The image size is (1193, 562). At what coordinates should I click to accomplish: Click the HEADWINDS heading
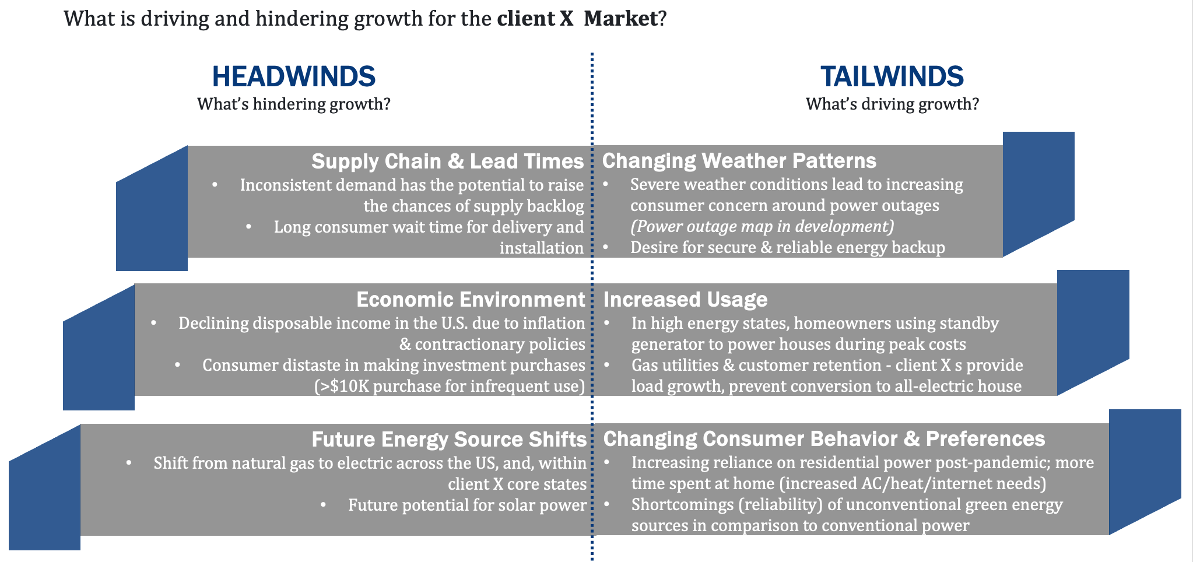pos(293,76)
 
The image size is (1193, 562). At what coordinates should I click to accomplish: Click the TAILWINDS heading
pos(892,76)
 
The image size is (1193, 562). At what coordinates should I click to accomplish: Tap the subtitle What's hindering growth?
pos(293,104)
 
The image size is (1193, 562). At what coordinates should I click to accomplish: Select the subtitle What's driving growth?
pos(892,104)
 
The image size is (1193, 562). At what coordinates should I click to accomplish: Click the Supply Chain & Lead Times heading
pos(447,161)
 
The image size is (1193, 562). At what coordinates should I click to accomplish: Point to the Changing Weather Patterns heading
pos(739,160)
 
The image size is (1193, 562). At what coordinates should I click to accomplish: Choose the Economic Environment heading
pos(471,299)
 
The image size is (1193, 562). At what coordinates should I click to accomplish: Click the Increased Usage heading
pos(685,299)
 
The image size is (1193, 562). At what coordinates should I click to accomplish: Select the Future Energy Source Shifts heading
pos(449,439)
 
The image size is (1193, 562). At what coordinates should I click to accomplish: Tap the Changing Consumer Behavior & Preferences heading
pos(824,438)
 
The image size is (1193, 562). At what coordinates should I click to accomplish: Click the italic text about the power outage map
pos(762,226)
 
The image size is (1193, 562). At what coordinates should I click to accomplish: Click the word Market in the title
pos(620,19)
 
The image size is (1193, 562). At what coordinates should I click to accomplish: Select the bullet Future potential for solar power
pos(467,505)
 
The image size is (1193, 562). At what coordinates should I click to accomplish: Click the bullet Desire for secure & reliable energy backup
pos(787,247)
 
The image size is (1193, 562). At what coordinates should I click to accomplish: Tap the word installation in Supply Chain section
pos(542,248)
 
